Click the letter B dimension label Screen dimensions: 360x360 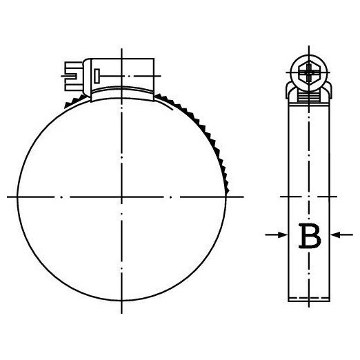tap(310, 236)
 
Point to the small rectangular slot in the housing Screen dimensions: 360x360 tap(99, 74)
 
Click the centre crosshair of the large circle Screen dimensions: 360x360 tap(121, 197)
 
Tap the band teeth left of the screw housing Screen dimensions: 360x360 tap(67, 103)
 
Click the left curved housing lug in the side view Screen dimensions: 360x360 tap(290, 88)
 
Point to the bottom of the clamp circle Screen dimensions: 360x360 tap(121, 301)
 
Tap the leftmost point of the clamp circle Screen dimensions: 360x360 tap(16, 197)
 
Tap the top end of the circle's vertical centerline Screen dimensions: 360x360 tap(121, 50)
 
